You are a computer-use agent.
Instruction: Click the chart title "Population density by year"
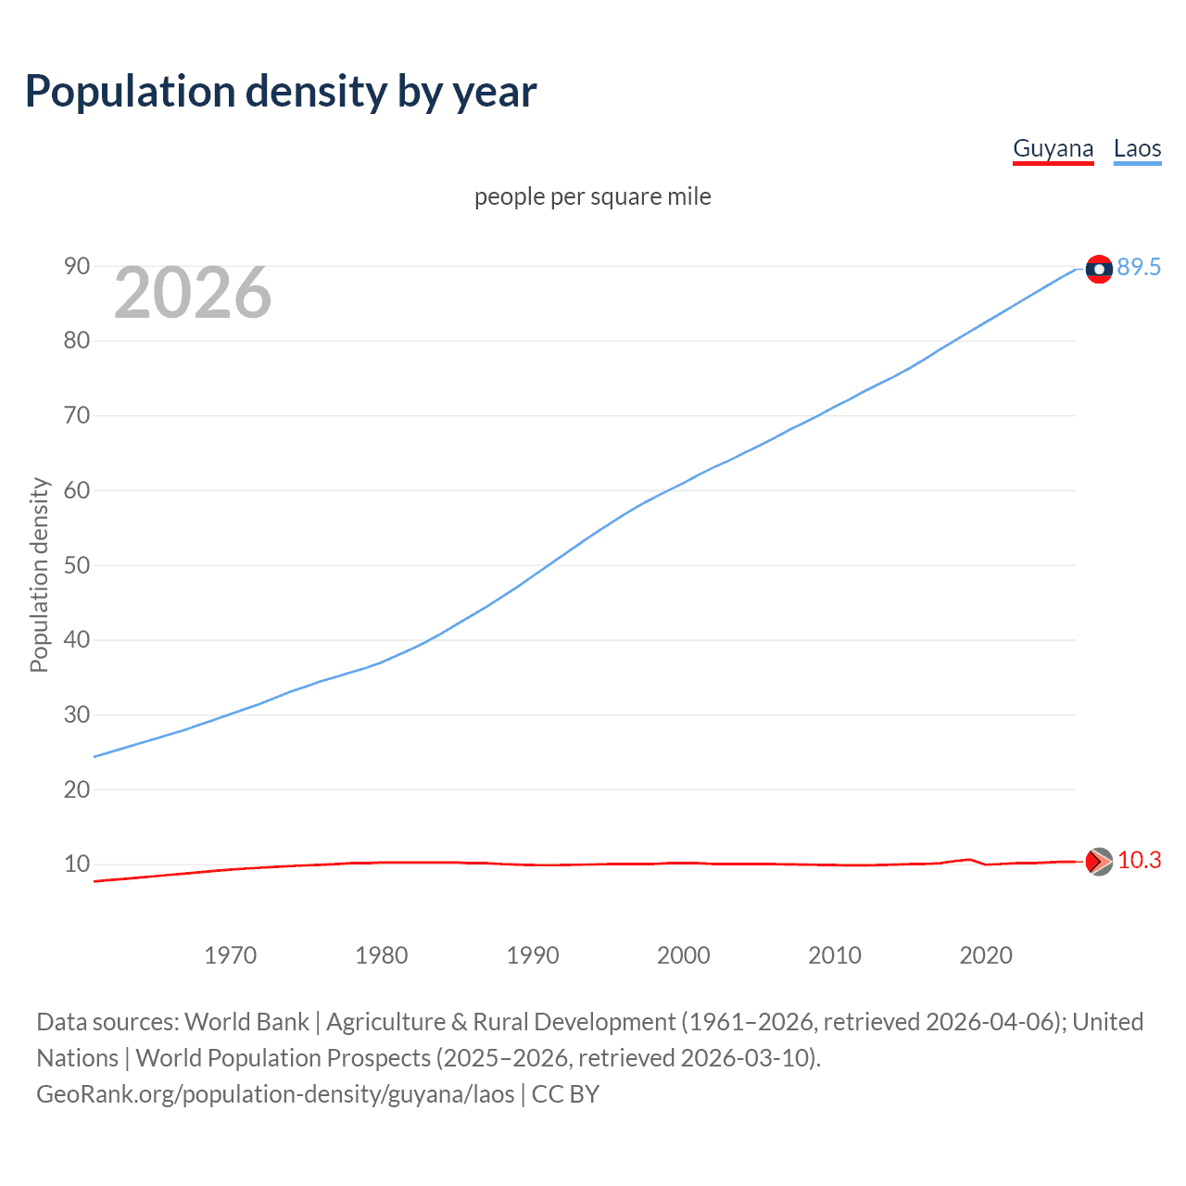(x=281, y=92)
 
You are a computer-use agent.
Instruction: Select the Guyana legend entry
(x=1053, y=148)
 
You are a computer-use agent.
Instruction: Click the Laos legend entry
(x=1137, y=148)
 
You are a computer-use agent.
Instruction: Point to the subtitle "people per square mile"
(x=592, y=196)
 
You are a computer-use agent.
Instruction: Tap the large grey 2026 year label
(x=193, y=293)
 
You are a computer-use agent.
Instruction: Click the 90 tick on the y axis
(x=77, y=267)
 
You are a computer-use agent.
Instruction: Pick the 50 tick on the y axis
(x=77, y=565)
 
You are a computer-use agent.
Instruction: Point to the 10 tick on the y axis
(x=77, y=864)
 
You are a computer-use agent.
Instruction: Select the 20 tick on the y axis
(x=77, y=789)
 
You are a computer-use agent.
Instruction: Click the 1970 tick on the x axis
(x=230, y=955)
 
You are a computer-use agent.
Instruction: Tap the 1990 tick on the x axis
(x=533, y=955)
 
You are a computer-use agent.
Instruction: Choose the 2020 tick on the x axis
(x=986, y=955)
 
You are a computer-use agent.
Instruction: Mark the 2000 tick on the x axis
(x=684, y=955)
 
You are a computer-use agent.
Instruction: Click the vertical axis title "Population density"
(x=39, y=574)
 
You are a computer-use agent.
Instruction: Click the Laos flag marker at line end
(x=1099, y=269)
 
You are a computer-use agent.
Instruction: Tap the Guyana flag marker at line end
(x=1099, y=862)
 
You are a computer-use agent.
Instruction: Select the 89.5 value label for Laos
(x=1139, y=268)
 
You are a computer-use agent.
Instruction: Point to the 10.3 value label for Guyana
(x=1139, y=861)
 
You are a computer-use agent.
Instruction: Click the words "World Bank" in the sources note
(x=246, y=1022)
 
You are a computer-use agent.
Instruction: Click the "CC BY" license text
(x=565, y=1094)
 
